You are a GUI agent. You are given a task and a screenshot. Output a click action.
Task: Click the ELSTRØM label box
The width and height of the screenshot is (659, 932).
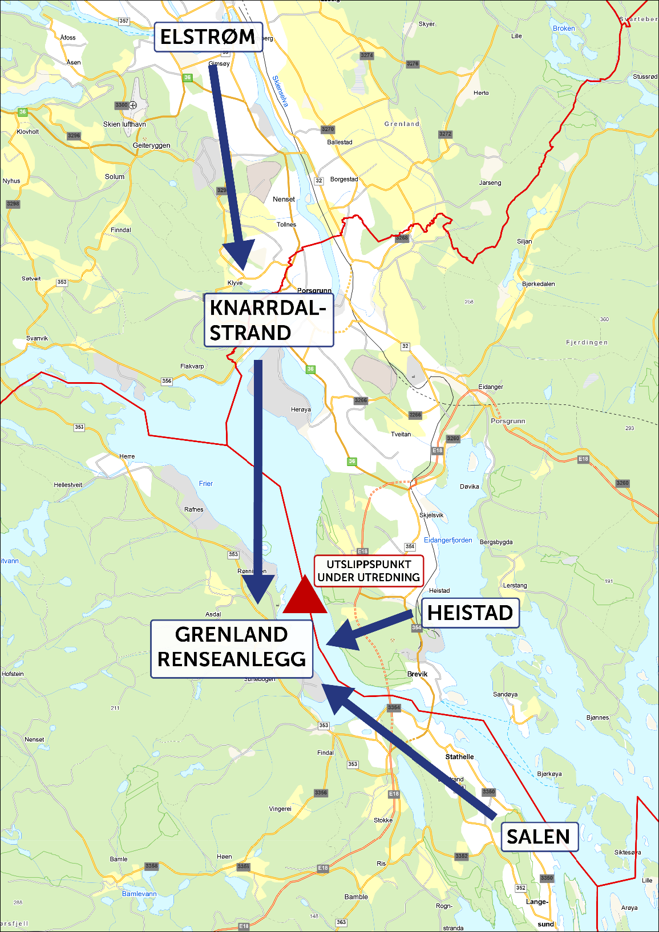(208, 37)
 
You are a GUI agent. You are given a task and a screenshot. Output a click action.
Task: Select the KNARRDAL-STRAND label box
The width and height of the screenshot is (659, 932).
(268, 320)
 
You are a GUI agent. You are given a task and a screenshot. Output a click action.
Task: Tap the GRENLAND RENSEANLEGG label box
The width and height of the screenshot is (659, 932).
(232, 649)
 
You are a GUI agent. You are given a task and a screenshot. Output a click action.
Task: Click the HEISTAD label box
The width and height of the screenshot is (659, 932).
(470, 613)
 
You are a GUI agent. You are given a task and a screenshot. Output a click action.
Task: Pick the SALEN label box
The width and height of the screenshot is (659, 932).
(539, 836)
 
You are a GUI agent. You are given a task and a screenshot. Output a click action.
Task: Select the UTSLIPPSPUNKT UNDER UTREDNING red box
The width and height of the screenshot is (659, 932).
(369, 571)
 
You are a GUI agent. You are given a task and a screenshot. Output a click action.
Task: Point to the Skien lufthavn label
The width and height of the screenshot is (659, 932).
(124, 124)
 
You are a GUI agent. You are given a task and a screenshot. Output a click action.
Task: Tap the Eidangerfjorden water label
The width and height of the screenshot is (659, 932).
(448, 540)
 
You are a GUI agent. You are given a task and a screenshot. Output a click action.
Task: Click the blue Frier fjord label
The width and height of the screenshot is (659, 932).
(206, 484)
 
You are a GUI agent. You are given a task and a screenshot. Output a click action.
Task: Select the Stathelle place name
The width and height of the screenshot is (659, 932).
(459, 757)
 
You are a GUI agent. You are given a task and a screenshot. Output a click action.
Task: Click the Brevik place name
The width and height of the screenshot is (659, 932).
(417, 674)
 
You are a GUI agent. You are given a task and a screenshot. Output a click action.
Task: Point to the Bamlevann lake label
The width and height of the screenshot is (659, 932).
(139, 894)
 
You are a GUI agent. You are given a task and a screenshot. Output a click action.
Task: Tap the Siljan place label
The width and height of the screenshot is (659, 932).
(524, 241)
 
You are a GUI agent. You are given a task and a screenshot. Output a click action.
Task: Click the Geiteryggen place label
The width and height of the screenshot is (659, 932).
(151, 145)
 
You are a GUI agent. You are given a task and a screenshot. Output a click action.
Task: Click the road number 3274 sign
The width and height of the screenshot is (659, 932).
(367, 56)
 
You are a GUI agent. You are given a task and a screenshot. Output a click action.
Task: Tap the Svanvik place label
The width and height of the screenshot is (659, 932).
(37, 338)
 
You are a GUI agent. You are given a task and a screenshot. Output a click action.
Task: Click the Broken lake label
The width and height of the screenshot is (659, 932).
(564, 29)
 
